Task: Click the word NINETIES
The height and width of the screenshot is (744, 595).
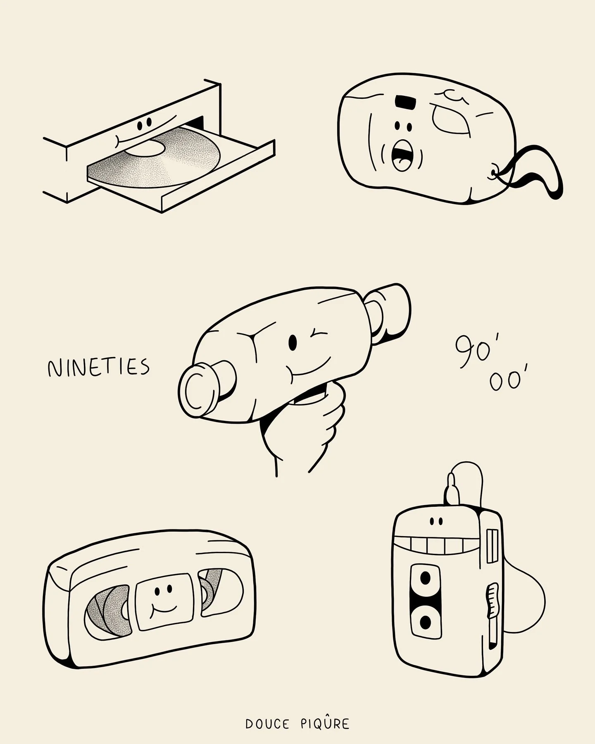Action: [98, 367]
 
